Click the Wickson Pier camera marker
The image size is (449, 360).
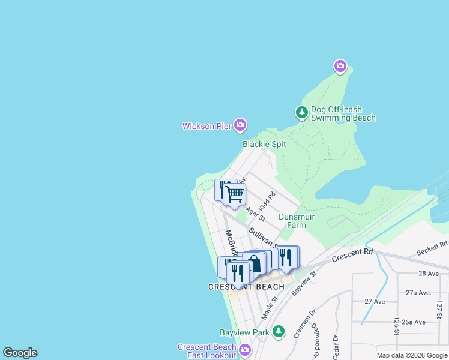coord(240,125)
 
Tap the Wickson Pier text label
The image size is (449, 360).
coord(207,126)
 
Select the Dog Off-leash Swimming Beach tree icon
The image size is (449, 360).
coord(301,112)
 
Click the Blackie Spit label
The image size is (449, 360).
coord(264,144)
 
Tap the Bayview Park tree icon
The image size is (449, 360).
coord(277,331)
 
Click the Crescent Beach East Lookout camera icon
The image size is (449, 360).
coord(244,350)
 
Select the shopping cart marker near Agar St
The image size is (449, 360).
coord(234,194)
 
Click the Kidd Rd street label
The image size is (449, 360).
coord(267,202)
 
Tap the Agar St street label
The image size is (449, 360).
coord(255,214)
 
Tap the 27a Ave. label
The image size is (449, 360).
coord(418,293)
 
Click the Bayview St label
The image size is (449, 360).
coord(304,283)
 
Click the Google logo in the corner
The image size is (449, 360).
coord(20,353)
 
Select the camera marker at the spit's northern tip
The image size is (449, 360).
coord(340,65)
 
